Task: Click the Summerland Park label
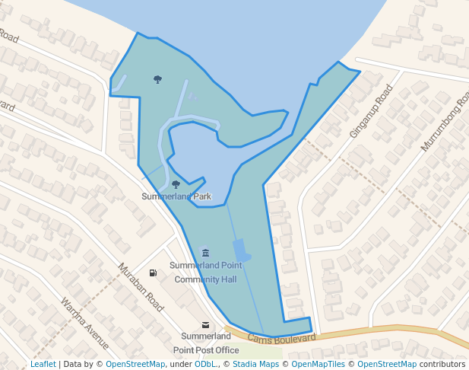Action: coord(176,196)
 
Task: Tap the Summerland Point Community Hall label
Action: coord(205,273)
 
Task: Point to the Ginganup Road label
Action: coord(370,112)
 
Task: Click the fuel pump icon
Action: coord(153,273)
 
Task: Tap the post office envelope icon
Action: coord(205,325)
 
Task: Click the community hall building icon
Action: coord(205,253)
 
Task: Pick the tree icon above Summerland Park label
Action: coord(176,184)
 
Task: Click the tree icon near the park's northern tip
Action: coord(157,79)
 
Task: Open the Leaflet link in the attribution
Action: coord(43,364)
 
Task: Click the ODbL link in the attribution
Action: coord(205,364)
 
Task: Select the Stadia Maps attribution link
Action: coord(255,364)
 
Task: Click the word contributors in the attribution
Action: coord(442,364)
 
